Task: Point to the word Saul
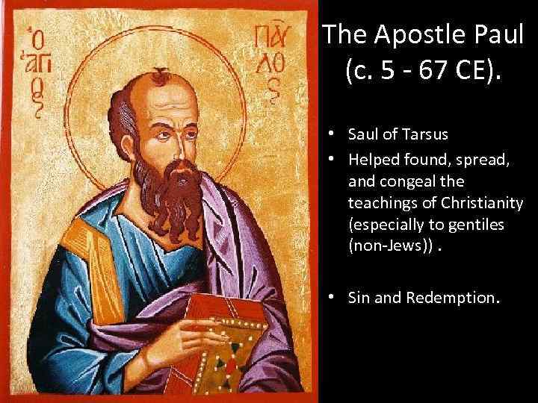tap(364, 134)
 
